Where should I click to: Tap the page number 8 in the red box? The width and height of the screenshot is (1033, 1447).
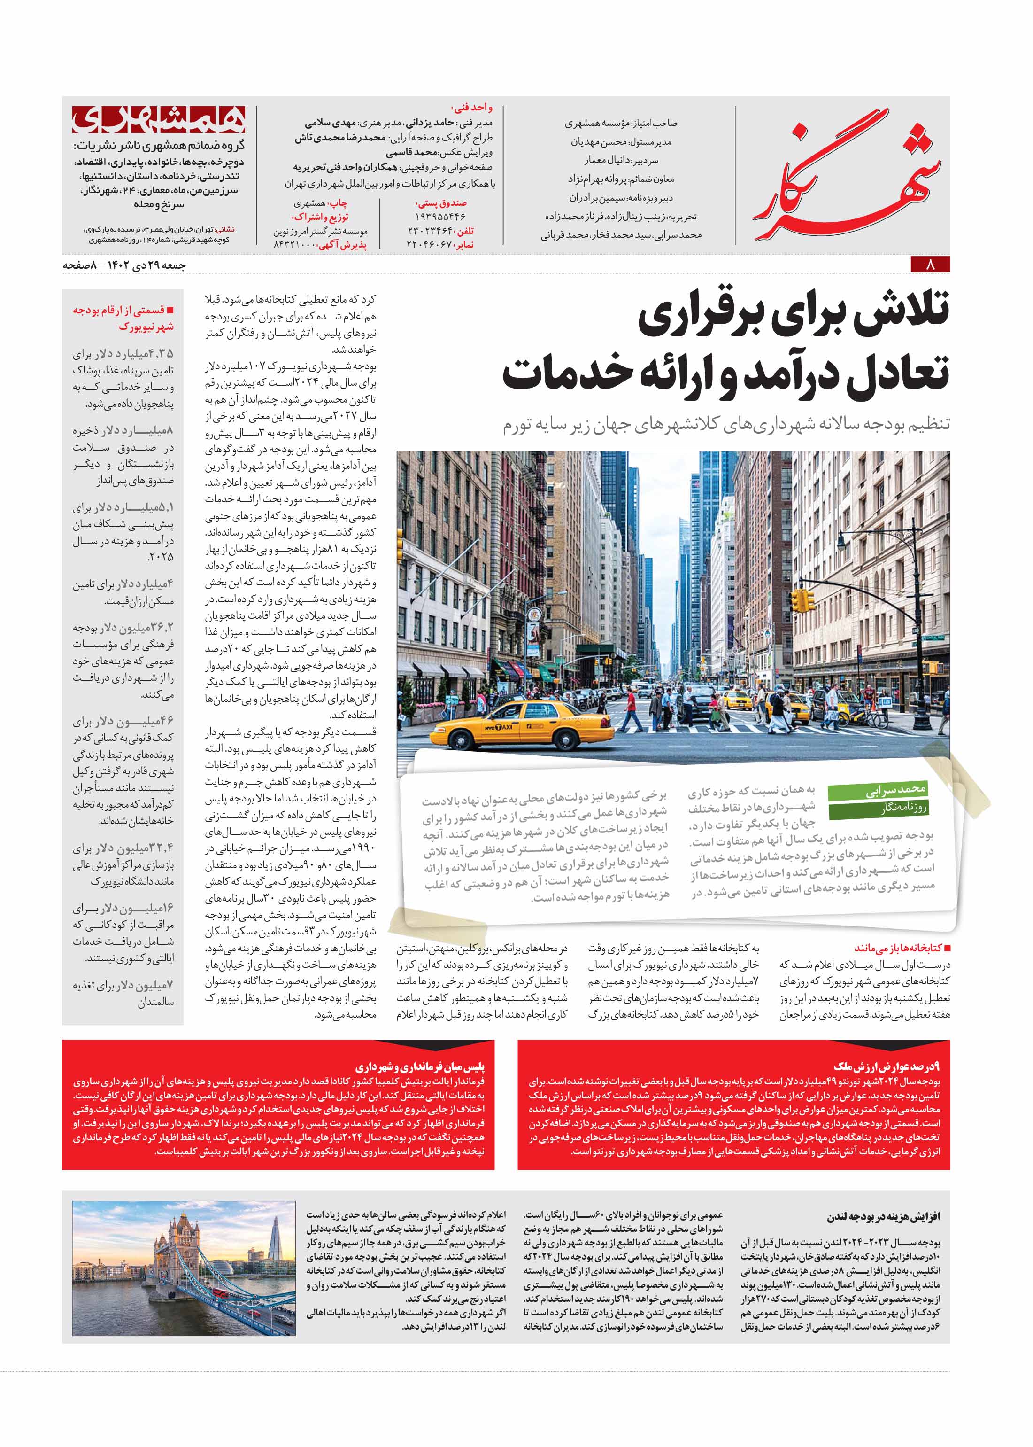[930, 264]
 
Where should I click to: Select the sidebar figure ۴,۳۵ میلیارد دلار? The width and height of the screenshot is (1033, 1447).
[123, 354]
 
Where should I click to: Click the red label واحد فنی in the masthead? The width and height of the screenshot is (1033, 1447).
[471, 108]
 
